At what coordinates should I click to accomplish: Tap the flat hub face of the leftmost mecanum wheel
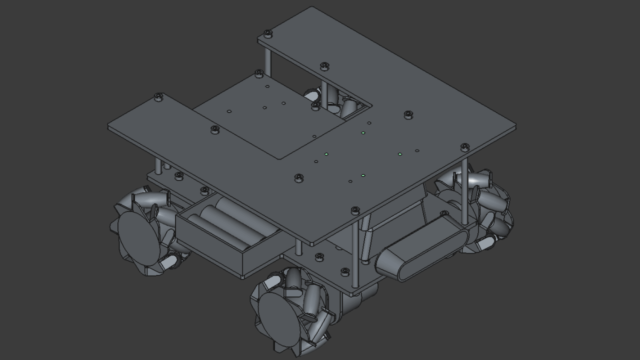[137, 237]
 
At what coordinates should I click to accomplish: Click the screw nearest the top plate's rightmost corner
[464, 147]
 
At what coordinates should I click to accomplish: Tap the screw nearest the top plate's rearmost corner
[267, 33]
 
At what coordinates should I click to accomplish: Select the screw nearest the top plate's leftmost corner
[158, 96]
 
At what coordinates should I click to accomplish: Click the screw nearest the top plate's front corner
[355, 210]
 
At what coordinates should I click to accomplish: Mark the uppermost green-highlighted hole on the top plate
[363, 133]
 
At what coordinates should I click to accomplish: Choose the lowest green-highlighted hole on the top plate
[363, 175]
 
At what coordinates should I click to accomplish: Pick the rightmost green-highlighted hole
[400, 154]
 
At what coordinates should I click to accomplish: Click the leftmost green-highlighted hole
[326, 154]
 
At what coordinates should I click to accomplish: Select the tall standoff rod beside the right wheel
[465, 190]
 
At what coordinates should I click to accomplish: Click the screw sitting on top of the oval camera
[444, 214]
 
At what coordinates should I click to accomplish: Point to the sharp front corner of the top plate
[312, 244]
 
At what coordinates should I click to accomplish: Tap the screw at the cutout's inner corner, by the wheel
[315, 106]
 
